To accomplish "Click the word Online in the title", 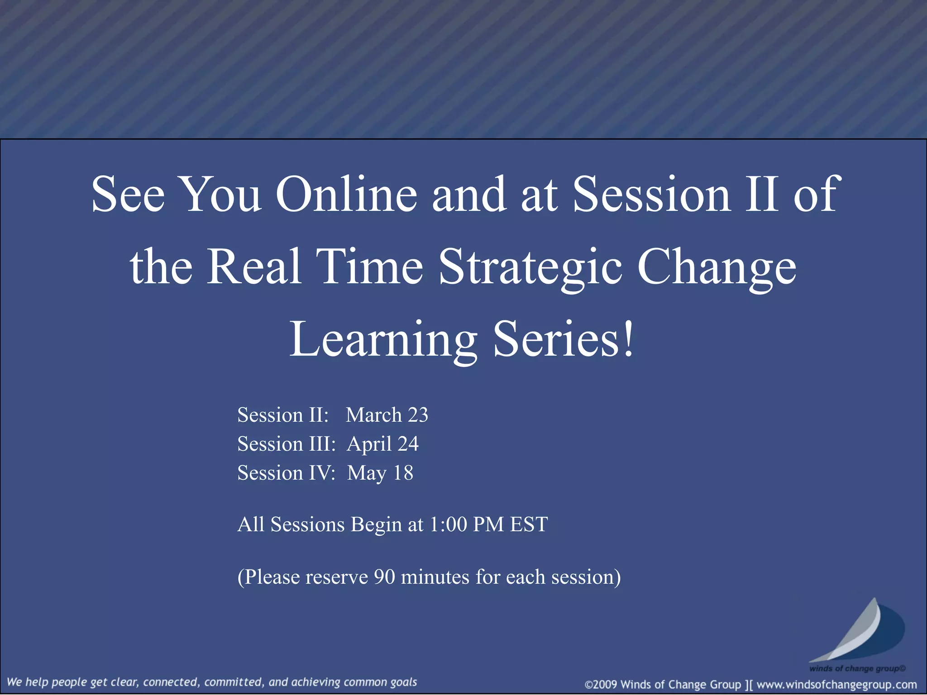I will [x=346, y=195].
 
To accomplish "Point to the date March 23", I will [x=387, y=415].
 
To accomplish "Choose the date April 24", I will [x=383, y=444].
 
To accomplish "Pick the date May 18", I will [x=380, y=473].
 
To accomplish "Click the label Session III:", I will [x=287, y=444].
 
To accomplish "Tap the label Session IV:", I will [x=286, y=473].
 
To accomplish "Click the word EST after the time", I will [x=529, y=525].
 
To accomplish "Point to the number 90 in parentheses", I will [x=384, y=577].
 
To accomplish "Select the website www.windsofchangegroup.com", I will [x=836, y=685].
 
